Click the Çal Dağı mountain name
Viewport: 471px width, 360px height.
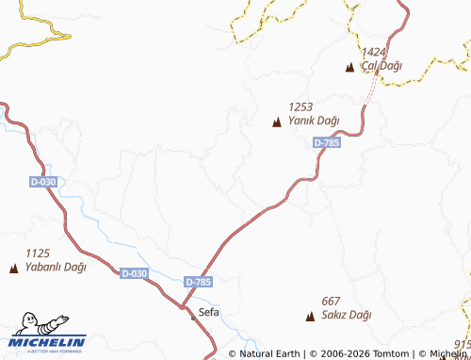(x=382, y=65)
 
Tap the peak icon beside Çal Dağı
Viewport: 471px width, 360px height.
(x=350, y=67)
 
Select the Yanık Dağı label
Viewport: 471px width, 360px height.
(x=314, y=121)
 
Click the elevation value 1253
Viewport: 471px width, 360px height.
(x=300, y=107)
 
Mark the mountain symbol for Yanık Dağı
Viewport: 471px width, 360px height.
(x=277, y=122)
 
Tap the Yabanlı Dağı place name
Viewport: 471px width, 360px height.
(x=56, y=267)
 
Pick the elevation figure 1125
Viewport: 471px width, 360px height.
(x=38, y=254)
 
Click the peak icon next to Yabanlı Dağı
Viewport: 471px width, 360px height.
(x=13, y=269)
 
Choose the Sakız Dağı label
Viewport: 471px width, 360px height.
(x=346, y=315)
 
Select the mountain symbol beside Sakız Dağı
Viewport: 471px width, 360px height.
(x=311, y=317)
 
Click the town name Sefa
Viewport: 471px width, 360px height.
(x=209, y=311)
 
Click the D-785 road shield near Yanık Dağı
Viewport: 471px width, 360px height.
(x=326, y=142)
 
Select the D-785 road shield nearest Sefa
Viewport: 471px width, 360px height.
(x=199, y=282)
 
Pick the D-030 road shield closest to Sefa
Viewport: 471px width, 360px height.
(x=135, y=273)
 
